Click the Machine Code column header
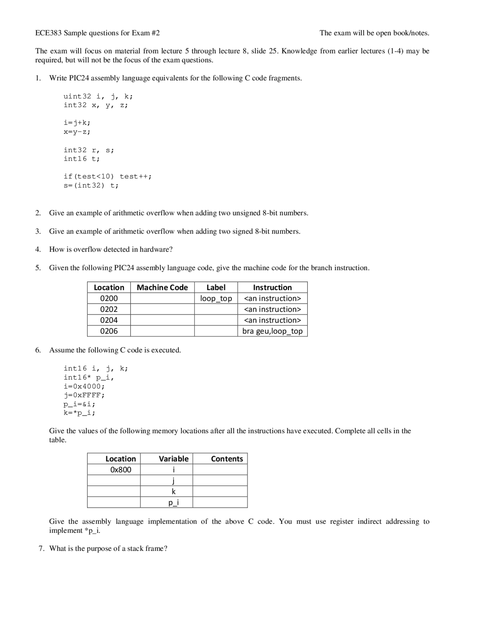[x=162, y=288]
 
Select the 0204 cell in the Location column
[x=109, y=320]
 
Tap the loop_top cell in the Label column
[x=216, y=298]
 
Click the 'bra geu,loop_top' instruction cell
[x=272, y=331]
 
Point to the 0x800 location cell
[x=120, y=469]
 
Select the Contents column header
[x=227, y=459]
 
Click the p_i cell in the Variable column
[x=173, y=502]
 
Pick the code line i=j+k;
[x=77, y=123]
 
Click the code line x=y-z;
[x=77, y=132]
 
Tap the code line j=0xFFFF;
[x=84, y=395]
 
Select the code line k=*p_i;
[x=79, y=413]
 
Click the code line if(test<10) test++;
[x=108, y=176]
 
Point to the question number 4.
[x=38, y=249]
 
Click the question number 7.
[x=42, y=548]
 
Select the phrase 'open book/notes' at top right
[x=402, y=33]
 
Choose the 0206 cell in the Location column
[x=109, y=331]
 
